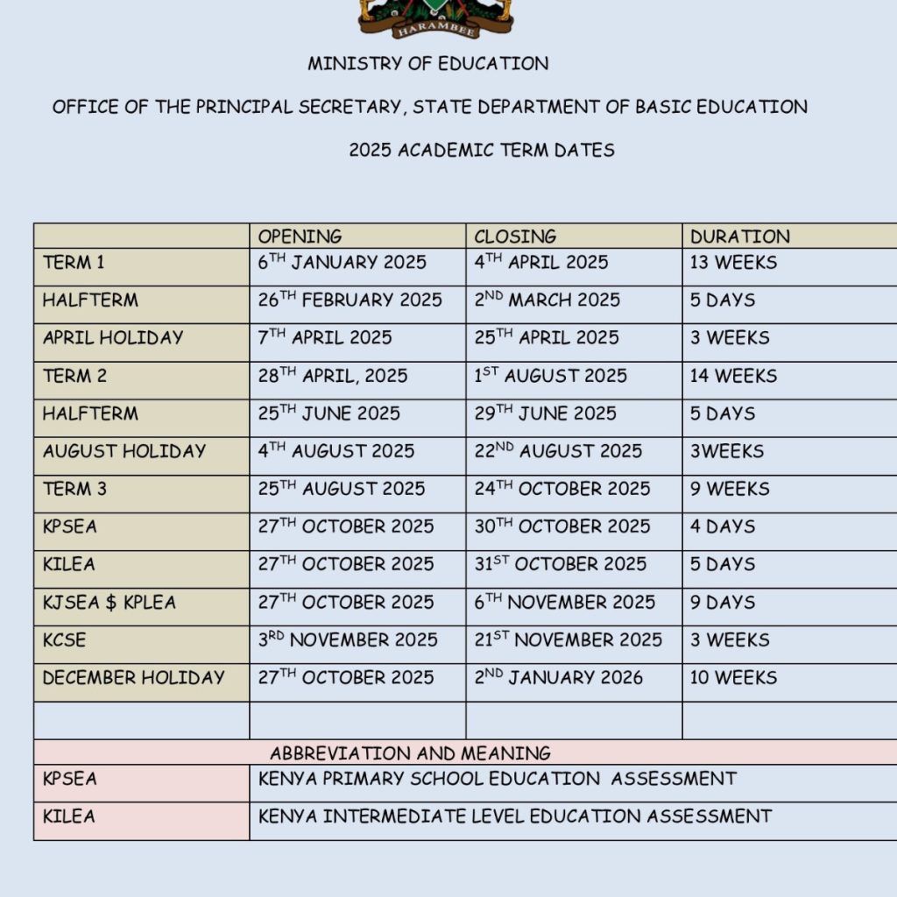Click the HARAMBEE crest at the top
point(435,18)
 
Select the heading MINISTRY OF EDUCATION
point(427,64)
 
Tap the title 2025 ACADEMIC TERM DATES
point(481,150)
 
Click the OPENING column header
point(300,237)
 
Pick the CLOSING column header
point(515,237)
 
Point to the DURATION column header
point(739,237)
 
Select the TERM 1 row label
point(74,263)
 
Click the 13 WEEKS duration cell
point(733,263)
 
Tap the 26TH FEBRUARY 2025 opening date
point(350,300)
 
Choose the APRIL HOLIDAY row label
point(113,338)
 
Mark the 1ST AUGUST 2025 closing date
point(550,376)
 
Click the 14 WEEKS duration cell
point(733,376)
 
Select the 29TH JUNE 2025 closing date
point(545,413)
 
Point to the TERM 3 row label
point(74,489)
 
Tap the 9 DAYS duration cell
point(722,602)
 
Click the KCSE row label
point(65,639)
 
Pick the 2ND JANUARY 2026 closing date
point(558,677)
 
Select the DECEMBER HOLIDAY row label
point(133,677)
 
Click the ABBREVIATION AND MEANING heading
point(410,753)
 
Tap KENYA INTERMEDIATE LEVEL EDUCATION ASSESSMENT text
point(515,816)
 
